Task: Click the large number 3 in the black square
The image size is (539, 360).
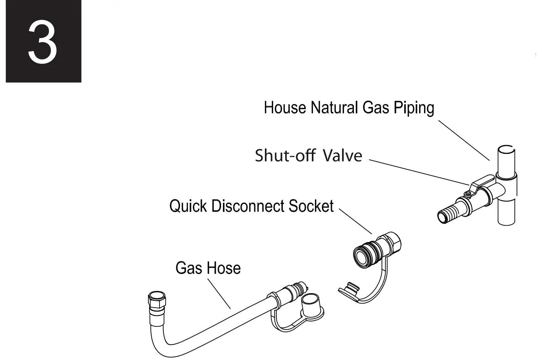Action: coord(42,42)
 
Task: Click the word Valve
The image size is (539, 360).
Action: coord(342,156)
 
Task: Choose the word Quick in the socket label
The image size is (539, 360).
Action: coord(188,206)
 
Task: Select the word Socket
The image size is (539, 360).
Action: coord(311,206)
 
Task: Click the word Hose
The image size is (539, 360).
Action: coord(224,268)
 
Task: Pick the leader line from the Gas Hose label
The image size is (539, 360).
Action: coord(219,294)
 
